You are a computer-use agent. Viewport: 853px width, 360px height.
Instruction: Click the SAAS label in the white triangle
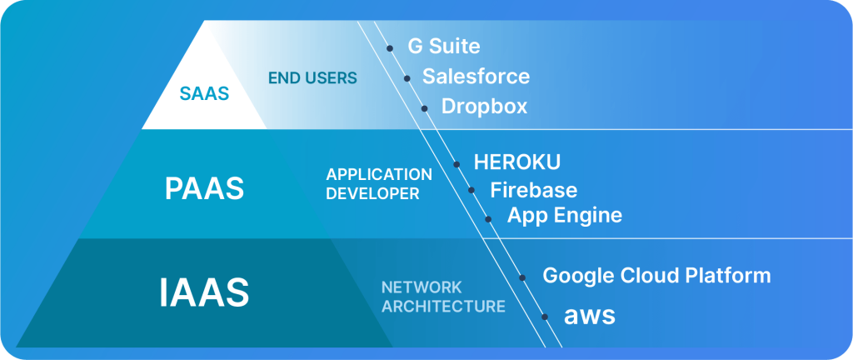204,94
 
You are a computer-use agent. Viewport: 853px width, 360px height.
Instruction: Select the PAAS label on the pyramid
204,187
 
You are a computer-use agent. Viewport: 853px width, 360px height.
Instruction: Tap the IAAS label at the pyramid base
204,292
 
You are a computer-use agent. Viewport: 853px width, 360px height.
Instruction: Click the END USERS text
312,78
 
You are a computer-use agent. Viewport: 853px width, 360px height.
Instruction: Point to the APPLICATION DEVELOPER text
379,183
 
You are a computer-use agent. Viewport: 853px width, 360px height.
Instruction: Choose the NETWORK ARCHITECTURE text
443,297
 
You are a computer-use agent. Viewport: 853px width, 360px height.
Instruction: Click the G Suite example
443,46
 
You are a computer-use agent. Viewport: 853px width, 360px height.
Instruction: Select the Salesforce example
476,77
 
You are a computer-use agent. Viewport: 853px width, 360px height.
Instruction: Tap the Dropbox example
484,107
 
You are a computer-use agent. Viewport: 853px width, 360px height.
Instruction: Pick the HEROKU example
516,161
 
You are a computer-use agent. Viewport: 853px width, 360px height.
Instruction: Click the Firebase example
533,190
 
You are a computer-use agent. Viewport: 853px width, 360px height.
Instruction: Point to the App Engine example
565,216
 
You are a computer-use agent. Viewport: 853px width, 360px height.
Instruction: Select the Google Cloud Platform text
656,275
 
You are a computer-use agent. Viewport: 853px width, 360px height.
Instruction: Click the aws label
589,316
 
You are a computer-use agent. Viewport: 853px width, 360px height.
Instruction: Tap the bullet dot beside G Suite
390,48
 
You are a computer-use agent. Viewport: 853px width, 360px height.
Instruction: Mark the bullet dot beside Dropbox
424,108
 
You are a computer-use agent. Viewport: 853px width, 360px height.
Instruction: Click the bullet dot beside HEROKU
456,164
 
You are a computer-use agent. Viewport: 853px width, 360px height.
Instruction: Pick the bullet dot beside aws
546,317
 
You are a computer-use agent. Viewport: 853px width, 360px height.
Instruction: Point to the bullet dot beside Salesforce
407,78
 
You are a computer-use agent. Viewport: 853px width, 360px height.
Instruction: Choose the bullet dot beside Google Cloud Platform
522,277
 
